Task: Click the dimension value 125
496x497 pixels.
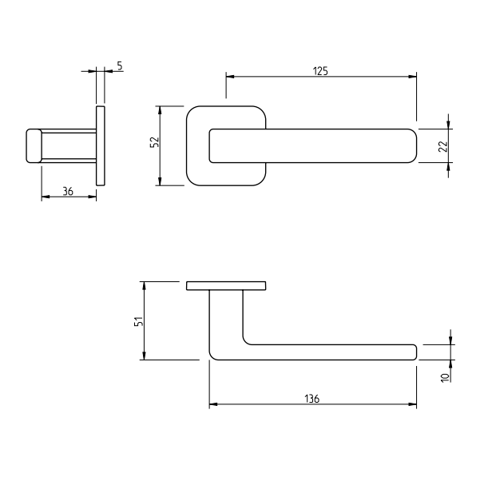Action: pos(320,70)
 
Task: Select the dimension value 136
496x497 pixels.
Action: pos(312,398)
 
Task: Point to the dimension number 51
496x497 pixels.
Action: pos(138,321)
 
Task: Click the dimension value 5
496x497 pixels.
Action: pos(119,66)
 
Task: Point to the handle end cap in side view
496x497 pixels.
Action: pos(34,145)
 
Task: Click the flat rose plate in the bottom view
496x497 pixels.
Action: pos(226,285)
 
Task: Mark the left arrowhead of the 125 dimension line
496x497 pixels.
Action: pos(229,77)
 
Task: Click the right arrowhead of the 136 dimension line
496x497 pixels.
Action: pos(413,405)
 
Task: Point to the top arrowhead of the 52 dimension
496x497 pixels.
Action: pos(161,109)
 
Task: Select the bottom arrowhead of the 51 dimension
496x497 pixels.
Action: pos(144,356)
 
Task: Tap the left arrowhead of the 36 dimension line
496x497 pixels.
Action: pos(45,196)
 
